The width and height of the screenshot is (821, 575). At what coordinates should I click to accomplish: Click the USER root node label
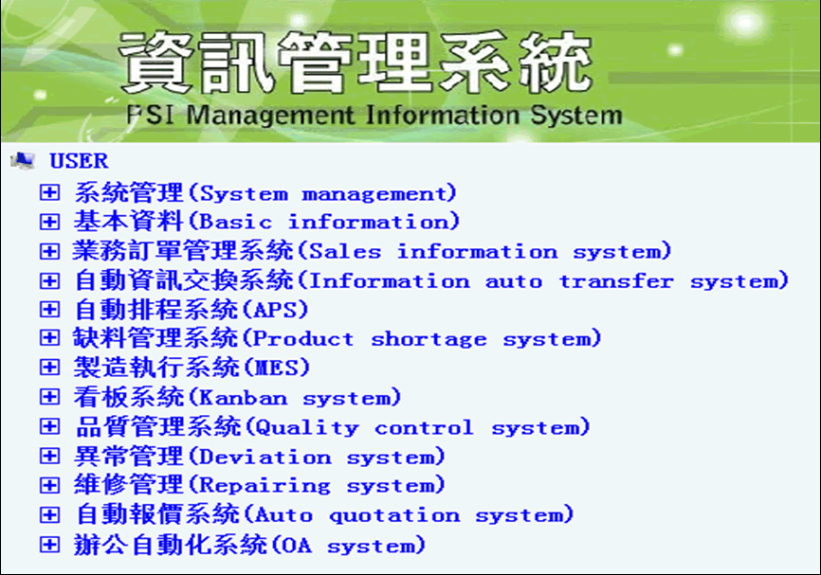click(79, 161)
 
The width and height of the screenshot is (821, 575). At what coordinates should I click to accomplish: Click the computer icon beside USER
click(23, 160)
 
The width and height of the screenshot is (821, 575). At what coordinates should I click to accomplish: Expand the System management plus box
click(49, 192)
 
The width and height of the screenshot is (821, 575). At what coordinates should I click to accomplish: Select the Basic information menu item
click(266, 222)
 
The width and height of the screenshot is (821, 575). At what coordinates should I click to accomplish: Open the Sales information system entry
click(372, 251)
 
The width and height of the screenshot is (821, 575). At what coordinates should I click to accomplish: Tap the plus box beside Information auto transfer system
click(49, 280)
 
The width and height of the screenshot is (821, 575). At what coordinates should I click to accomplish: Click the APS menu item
click(192, 310)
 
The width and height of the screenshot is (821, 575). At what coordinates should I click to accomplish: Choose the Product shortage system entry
click(338, 338)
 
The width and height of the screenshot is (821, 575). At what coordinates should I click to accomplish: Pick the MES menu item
click(192, 368)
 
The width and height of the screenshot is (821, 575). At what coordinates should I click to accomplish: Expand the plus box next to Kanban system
click(49, 397)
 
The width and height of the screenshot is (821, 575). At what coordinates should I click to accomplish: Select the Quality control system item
click(333, 426)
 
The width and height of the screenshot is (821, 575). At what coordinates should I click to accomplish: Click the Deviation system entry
click(259, 456)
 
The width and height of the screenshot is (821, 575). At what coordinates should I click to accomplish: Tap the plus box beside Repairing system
click(49, 485)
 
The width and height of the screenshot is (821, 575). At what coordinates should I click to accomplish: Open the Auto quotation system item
click(324, 514)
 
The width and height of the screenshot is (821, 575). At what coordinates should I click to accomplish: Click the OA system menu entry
click(249, 545)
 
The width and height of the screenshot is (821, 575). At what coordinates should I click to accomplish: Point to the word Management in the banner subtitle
click(270, 116)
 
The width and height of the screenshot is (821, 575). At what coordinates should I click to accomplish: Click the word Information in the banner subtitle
click(443, 115)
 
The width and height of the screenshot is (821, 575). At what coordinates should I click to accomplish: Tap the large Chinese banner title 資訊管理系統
click(356, 63)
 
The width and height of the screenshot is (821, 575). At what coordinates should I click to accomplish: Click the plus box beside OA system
click(49, 545)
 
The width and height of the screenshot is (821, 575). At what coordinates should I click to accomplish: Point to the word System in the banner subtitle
click(576, 116)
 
